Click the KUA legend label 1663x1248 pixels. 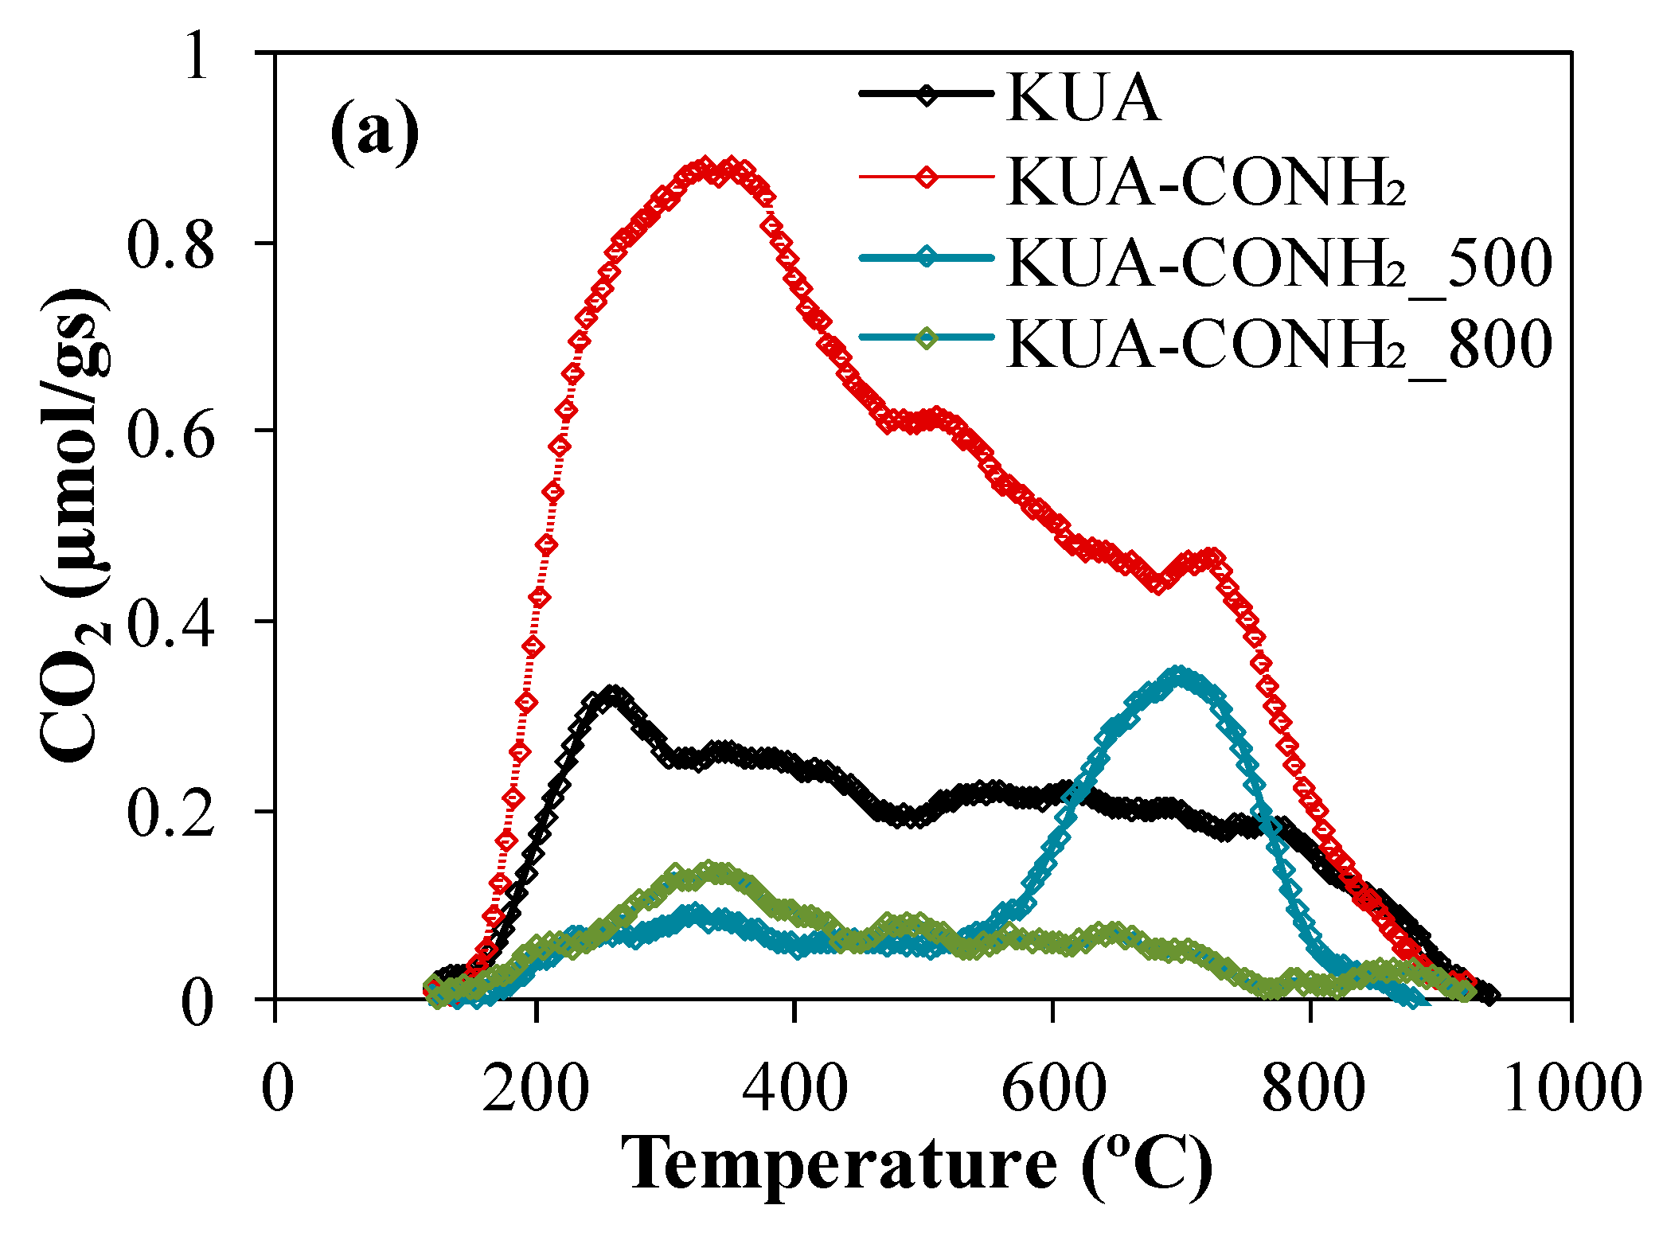(x=1083, y=99)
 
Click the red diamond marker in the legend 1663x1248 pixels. (x=927, y=176)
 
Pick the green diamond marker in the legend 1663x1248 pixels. (x=927, y=338)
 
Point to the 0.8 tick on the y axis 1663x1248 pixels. (x=170, y=244)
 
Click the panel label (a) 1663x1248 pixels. (x=374, y=131)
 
